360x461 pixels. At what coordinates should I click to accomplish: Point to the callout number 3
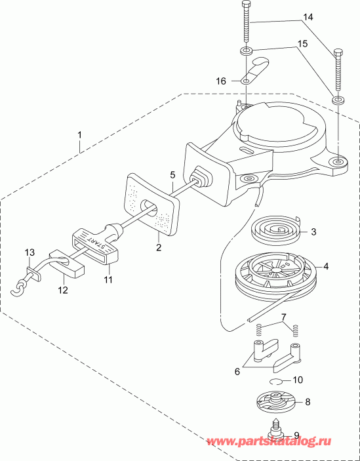[313, 231]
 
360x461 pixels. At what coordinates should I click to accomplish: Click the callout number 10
[298, 379]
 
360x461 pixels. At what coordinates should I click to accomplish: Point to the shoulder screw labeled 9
[286, 430]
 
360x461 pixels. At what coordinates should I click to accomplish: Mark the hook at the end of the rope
[22, 286]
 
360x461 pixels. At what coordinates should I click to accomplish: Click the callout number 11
[108, 280]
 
